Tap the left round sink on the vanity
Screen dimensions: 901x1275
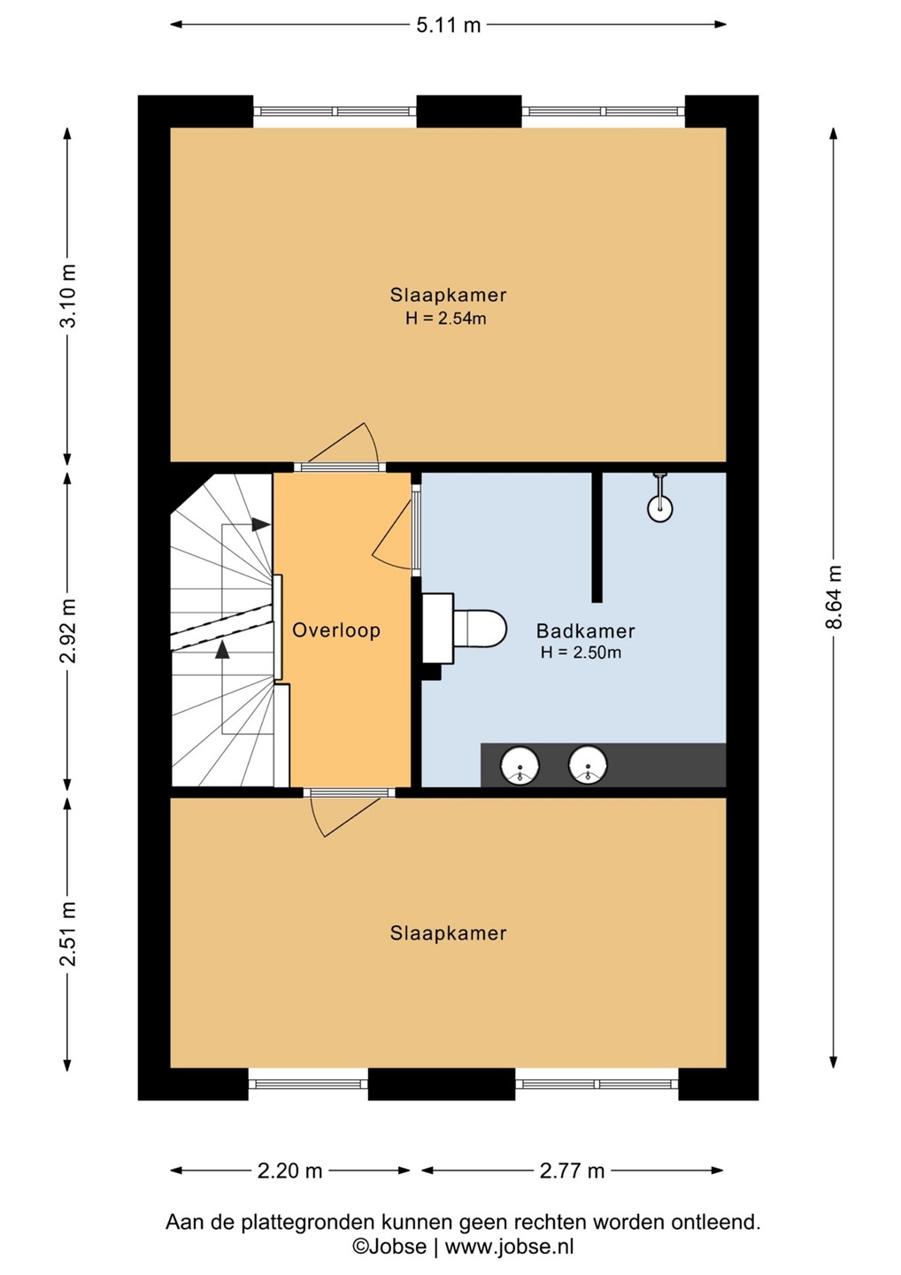(x=520, y=765)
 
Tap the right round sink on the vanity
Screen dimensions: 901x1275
(x=588, y=765)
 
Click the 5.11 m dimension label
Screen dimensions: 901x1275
(x=448, y=25)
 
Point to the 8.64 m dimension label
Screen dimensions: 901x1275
(x=834, y=597)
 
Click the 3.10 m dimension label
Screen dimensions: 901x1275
(x=68, y=296)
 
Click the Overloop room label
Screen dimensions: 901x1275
(x=336, y=630)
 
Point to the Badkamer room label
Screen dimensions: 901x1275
(x=585, y=630)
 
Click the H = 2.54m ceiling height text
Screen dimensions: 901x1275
(x=446, y=318)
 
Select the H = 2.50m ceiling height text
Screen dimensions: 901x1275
(x=581, y=653)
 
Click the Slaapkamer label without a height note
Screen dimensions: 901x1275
(x=448, y=933)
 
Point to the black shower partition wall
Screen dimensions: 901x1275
(x=597, y=537)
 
